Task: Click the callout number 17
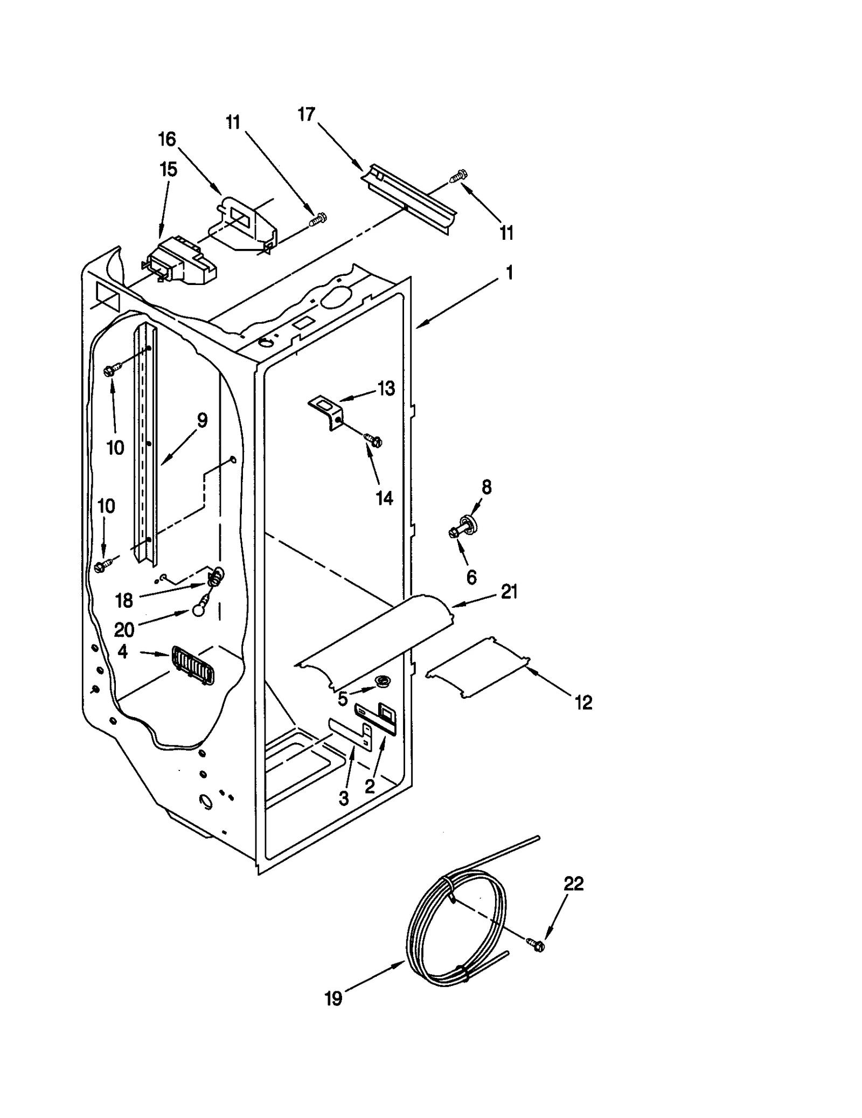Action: (306, 115)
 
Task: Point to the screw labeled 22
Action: (536, 944)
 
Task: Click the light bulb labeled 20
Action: (198, 610)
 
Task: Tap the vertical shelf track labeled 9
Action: (146, 442)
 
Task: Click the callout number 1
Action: (509, 273)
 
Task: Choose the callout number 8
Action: (486, 488)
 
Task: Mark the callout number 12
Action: (583, 702)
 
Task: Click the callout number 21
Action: (509, 592)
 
